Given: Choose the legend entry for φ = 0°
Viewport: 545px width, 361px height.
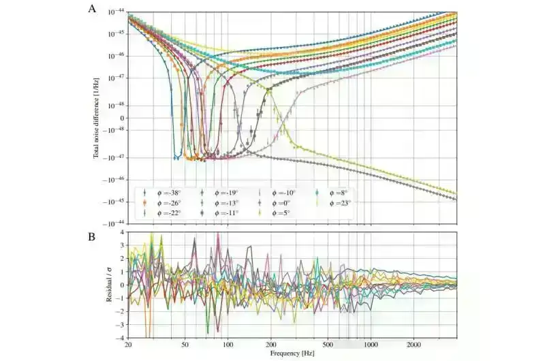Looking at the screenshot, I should coord(275,202).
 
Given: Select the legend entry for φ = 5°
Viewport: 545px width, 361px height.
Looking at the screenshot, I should coord(275,213).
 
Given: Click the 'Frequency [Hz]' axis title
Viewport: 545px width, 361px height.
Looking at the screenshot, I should coord(291,354).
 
